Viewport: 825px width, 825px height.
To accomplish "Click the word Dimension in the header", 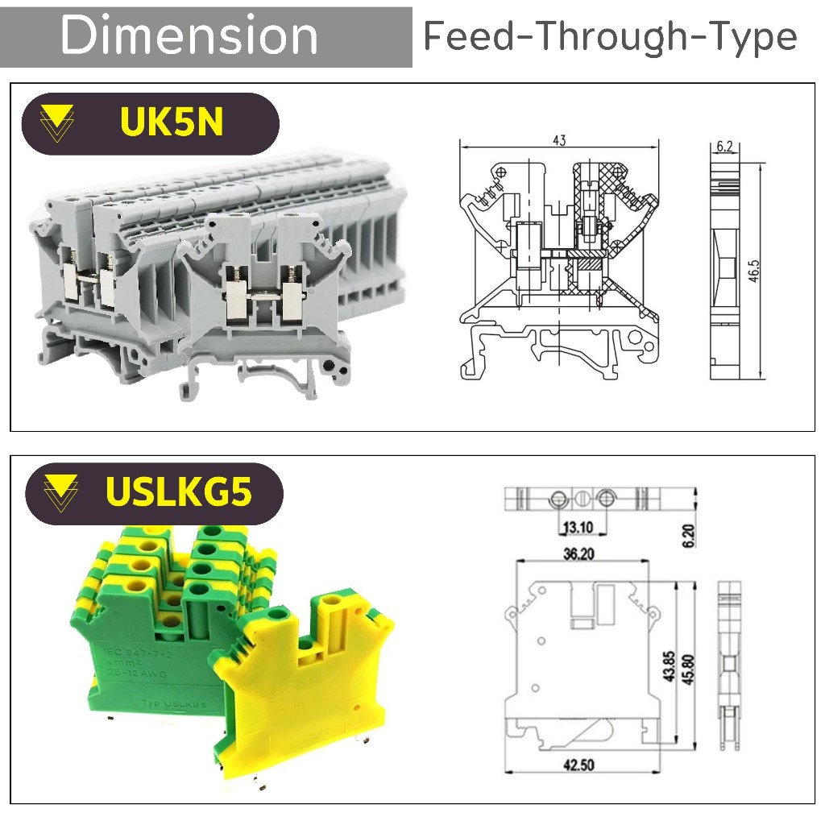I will click(x=189, y=37).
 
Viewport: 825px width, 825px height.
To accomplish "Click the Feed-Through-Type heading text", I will click(x=610, y=37).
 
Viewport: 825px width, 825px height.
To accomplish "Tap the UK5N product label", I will click(x=171, y=122).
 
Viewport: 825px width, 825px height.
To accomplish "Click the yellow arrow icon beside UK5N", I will click(x=56, y=123).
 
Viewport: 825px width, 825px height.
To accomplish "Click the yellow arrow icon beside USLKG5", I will click(x=61, y=492).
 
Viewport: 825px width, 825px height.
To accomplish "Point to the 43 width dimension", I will click(x=559, y=140).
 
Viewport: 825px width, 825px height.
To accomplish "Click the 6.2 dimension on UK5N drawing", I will click(x=724, y=147).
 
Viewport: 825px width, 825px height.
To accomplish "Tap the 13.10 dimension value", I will click(x=578, y=528).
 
